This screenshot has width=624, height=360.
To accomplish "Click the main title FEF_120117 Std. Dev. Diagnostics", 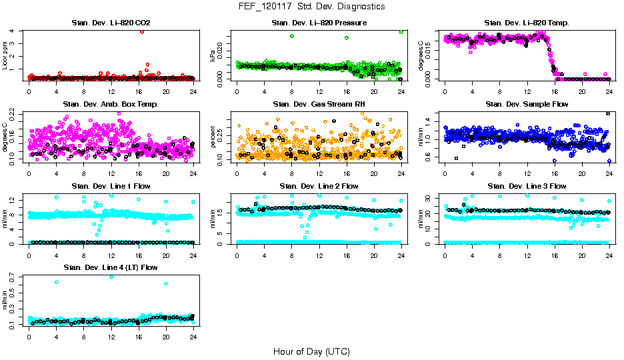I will (311, 7).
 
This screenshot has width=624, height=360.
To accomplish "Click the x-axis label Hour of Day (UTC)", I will (311, 351).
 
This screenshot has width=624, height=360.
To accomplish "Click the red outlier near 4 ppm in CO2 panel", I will (142, 31).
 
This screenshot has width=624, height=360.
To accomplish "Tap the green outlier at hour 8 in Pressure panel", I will (292, 36).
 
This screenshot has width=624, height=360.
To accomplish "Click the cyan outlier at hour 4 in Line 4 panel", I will (57, 282).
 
